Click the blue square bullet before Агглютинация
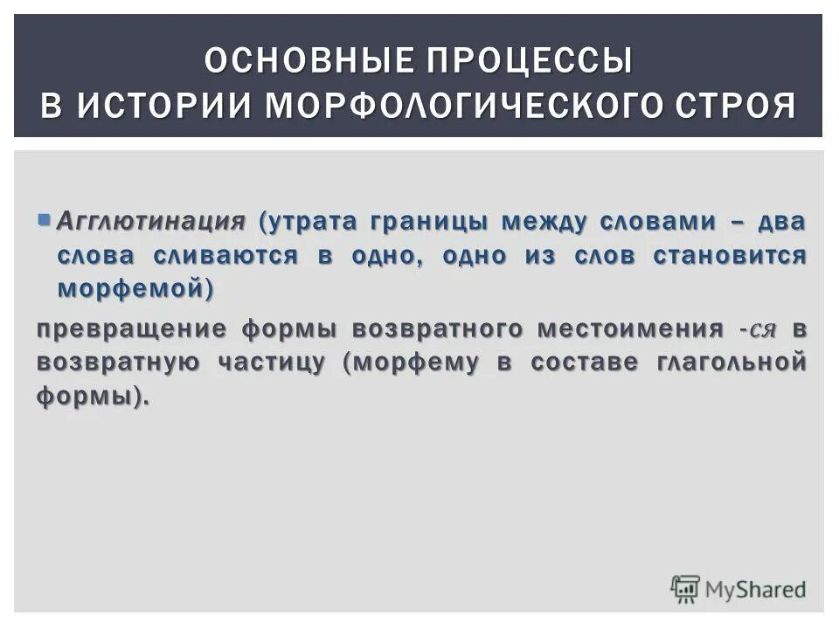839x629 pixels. point(44,218)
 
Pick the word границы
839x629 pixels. point(429,222)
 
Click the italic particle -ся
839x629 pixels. point(757,329)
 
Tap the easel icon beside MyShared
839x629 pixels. point(685,589)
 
